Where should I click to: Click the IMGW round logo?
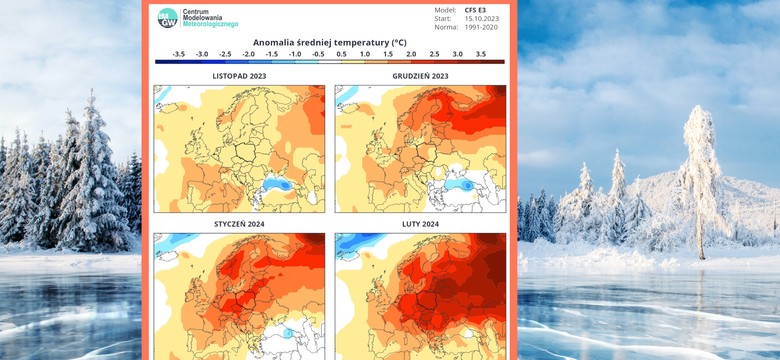[168, 17]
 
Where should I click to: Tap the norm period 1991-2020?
[483, 27]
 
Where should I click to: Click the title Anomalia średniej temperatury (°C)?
[329, 43]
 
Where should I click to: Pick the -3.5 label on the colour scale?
[178, 54]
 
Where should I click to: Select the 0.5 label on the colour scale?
[341, 54]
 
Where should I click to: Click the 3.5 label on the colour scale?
[481, 54]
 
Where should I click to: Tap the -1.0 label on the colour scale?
[294, 54]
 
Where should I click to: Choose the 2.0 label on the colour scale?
[411, 54]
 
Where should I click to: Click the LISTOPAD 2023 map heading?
[239, 76]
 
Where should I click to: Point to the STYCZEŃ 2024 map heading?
[239, 225]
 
